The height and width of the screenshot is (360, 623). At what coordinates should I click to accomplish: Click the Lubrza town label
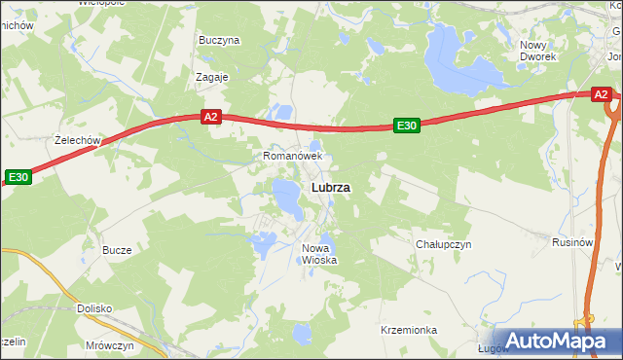click(x=331, y=187)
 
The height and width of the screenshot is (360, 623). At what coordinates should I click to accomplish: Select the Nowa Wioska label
click(x=318, y=254)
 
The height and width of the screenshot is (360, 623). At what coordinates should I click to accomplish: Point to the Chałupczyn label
click(x=443, y=244)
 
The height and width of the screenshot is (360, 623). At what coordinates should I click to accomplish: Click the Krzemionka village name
click(x=409, y=331)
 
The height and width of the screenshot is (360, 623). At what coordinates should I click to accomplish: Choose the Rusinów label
click(x=572, y=242)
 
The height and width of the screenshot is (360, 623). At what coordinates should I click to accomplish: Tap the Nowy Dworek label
click(x=538, y=51)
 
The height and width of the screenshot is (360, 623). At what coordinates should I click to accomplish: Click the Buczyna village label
click(x=219, y=41)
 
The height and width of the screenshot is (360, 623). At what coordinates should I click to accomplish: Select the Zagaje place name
click(x=211, y=77)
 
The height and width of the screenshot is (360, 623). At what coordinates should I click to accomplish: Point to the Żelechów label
click(x=79, y=140)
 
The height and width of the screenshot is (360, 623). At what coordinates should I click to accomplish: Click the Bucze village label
click(x=117, y=250)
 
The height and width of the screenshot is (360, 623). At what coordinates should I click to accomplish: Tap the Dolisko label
click(x=94, y=308)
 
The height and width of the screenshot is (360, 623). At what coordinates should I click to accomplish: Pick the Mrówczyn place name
click(x=109, y=345)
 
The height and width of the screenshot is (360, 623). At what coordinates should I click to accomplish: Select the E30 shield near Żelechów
click(x=18, y=177)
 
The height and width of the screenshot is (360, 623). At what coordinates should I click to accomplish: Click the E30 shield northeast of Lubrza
click(x=407, y=125)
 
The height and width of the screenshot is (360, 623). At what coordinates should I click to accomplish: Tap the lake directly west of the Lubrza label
click(x=287, y=198)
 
